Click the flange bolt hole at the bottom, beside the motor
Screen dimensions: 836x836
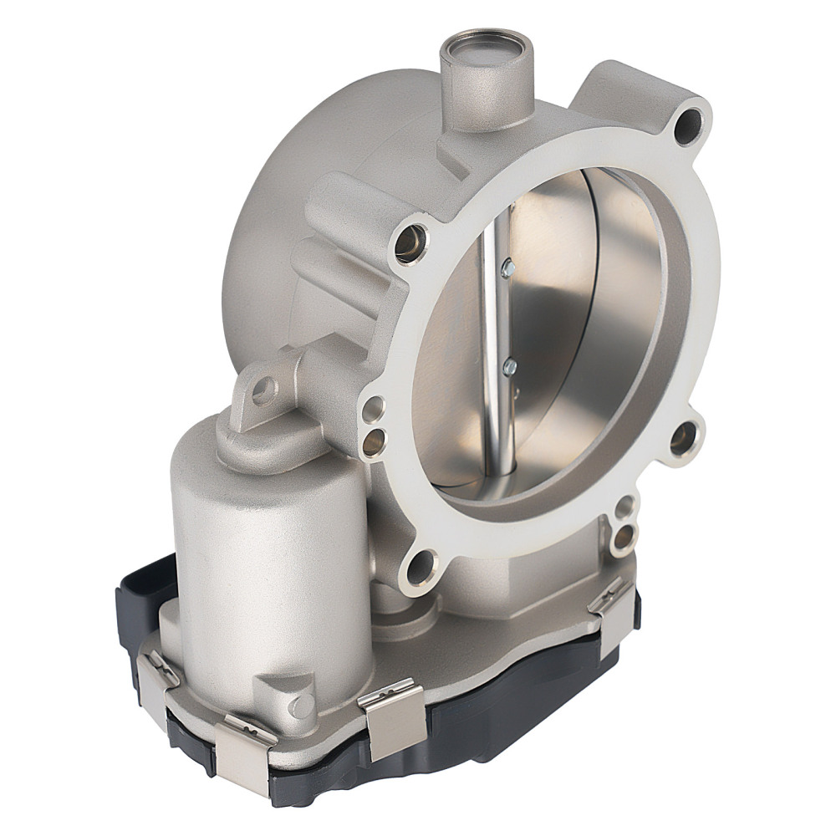421,566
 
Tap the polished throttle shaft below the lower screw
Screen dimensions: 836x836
504,435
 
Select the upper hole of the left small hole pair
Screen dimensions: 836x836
374,409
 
